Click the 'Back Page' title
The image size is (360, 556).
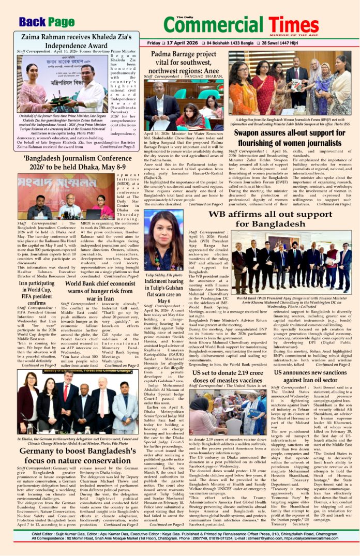[47, 22]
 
